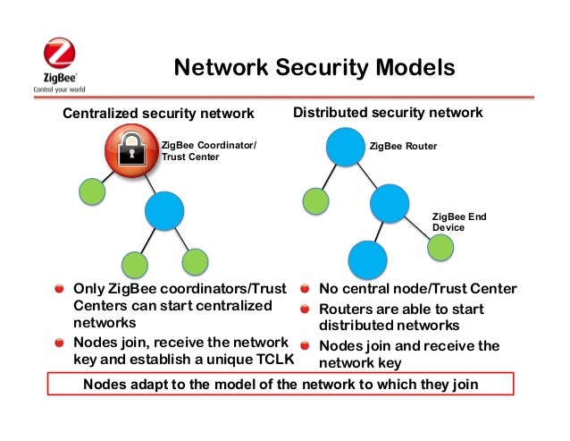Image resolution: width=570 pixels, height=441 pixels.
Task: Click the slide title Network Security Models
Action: (314, 69)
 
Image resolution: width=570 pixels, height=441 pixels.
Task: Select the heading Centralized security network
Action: (157, 114)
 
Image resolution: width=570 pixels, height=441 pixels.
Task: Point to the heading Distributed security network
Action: (388, 113)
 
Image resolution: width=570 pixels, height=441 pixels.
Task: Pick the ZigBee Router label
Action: (403, 145)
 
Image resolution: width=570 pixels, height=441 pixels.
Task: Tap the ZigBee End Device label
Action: (459, 222)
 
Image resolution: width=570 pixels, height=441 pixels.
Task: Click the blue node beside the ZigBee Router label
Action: (344, 147)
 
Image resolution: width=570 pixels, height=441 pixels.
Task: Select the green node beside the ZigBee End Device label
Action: (440, 248)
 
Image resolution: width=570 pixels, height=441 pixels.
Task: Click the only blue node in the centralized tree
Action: (163, 211)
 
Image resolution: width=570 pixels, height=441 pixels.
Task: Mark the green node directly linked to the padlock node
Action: (92, 191)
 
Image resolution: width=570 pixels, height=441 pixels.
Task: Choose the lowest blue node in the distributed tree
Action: (366, 260)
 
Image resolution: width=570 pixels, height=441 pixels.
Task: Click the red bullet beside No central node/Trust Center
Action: (305, 290)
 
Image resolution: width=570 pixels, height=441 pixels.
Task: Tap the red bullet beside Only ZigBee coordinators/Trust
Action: (58, 290)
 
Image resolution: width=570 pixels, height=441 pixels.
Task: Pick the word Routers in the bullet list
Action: (347, 309)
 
